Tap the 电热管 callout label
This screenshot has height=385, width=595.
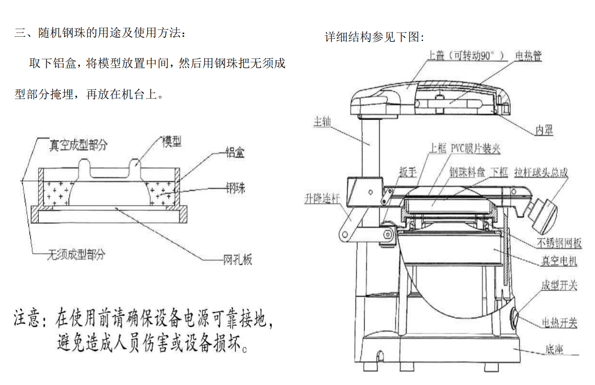coord(528,56)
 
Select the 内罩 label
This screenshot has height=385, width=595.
coord(544,130)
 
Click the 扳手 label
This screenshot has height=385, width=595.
coord(408,172)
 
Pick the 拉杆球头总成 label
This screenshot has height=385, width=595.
coord(541,172)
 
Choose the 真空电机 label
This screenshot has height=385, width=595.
coord(559,261)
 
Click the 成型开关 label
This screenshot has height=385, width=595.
coord(559,285)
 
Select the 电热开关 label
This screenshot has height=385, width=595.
coord(559,323)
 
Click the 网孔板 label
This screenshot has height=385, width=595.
coord(237,260)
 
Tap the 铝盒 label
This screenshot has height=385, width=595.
coord(235,153)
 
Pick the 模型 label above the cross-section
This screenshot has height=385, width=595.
coord(172,141)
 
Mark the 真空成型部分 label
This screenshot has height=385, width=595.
coord(78,145)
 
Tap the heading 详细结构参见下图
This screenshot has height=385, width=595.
coord(374,37)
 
